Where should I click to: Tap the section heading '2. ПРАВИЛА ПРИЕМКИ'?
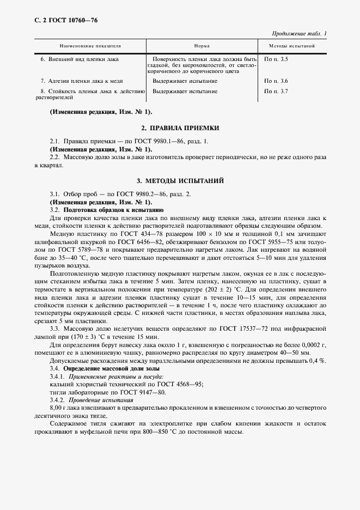(180, 127)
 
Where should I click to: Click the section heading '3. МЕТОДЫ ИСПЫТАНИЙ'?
(180, 180)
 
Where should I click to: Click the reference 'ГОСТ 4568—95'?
(177, 384)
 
